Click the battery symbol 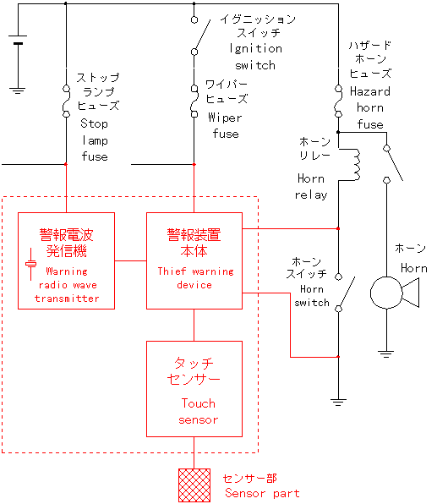click(x=18, y=40)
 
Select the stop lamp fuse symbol click(x=66, y=101)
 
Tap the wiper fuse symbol click(x=194, y=101)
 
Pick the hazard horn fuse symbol click(x=338, y=101)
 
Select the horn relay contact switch click(x=393, y=164)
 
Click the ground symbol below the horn click(x=386, y=353)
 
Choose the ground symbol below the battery click(x=18, y=90)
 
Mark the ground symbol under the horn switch click(x=338, y=403)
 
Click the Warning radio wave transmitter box click(x=66, y=260)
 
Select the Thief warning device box click(x=194, y=260)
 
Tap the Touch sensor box click(x=194, y=389)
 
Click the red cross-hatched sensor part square click(x=194, y=485)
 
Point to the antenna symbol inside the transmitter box click(x=30, y=264)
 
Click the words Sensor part click(x=262, y=493)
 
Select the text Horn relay click(x=311, y=186)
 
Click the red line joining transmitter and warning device click(x=130, y=260)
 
